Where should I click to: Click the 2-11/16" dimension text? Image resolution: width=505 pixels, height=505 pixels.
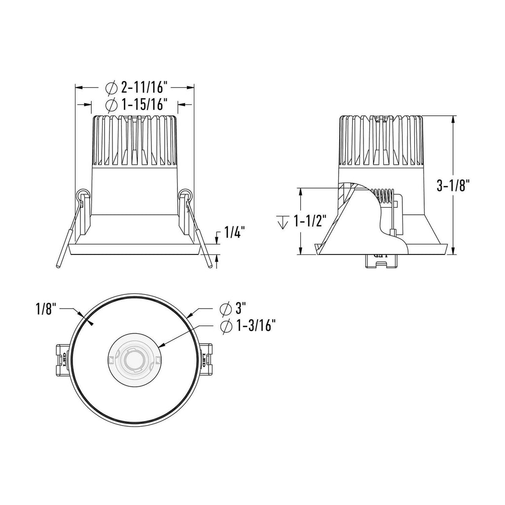pyautogui.click(x=145, y=87)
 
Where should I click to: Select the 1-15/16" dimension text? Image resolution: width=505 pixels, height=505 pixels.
pyautogui.click(x=145, y=105)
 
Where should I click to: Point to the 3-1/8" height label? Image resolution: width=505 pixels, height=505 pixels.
pyautogui.click(x=451, y=186)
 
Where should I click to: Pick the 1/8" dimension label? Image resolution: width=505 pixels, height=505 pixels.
pyautogui.click(x=46, y=310)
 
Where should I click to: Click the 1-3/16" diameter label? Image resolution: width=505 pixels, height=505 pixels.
pyautogui.click(x=256, y=326)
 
